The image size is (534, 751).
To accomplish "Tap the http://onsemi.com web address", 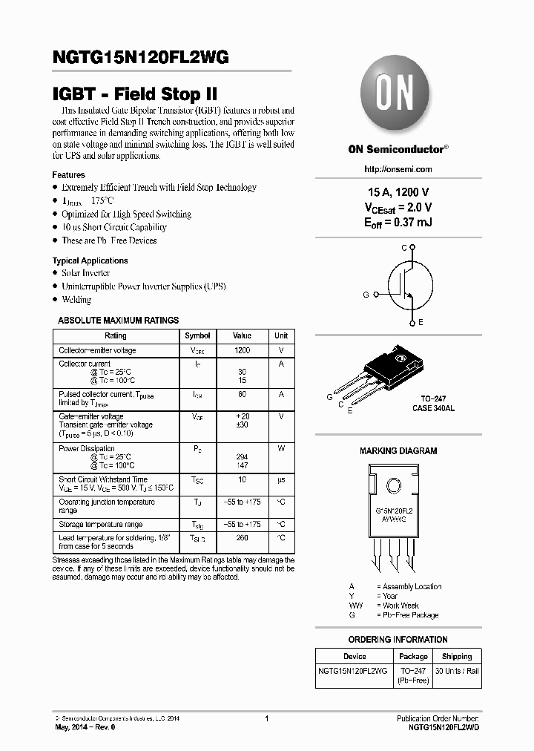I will [398, 168].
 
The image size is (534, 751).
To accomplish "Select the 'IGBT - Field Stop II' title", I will [135, 94].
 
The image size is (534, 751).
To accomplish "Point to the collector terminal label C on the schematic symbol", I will [404, 247].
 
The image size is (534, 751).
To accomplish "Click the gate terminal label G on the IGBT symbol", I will [366, 295].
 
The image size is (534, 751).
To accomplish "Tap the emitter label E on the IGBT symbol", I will [421, 322].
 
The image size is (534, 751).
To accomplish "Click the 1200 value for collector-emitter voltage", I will [242, 350].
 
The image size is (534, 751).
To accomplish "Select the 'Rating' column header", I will [116, 335].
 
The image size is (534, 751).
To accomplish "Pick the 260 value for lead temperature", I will [242, 537].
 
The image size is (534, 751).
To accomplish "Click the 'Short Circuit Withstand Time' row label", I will [103, 480].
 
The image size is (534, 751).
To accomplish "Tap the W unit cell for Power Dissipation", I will [281, 448].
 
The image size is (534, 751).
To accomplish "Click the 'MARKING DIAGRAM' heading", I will [398, 450].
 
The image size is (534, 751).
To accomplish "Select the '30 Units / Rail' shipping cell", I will [457, 671].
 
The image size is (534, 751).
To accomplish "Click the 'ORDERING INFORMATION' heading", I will [398, 640].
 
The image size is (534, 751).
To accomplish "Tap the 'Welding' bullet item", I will [76, 300].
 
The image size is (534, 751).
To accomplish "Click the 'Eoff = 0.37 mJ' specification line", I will [398, 222].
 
